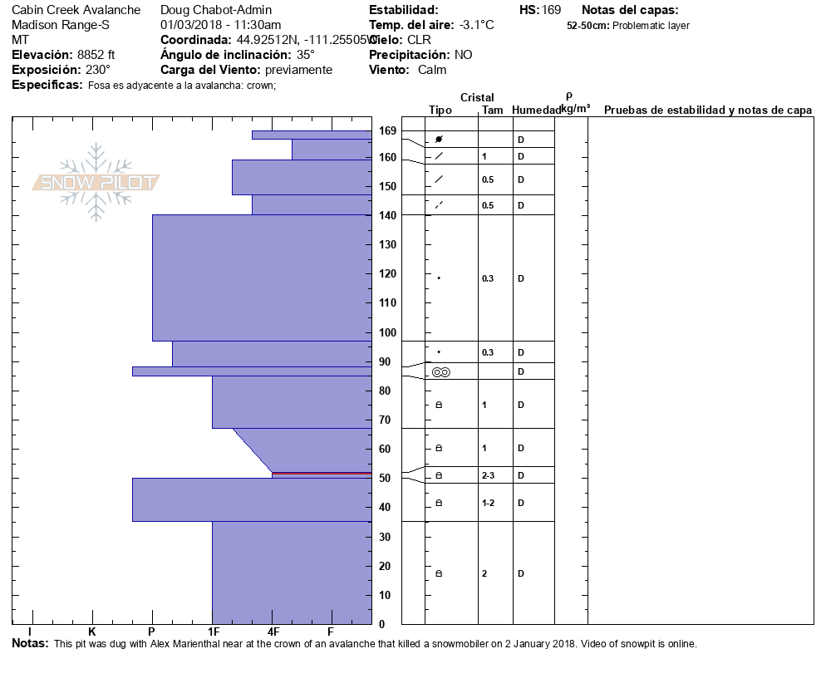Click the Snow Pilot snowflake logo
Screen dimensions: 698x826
[x=96, y=182]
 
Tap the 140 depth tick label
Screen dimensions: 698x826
[x=387, y=215]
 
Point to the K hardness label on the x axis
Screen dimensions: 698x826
[x=92, y=632]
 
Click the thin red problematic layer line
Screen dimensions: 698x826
[x=322, y=474]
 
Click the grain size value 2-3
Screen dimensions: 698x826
[x=489, y=476]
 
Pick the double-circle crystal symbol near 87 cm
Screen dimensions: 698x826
[x=440, y=372]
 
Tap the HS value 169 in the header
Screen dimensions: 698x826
[x=552, y=10]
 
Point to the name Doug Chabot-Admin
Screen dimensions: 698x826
[x=215, y=10]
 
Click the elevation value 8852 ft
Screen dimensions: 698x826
[x=96, y=55]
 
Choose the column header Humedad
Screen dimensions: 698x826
[x=536, y=111]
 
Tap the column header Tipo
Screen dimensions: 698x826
[x=440, y=111]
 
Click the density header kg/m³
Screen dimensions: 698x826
[x=575, y=109]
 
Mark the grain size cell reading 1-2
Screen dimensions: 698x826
[x=489, y=504]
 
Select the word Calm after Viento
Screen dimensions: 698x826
[x=432, y=70]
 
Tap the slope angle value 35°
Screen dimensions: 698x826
[x=306, y=55]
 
